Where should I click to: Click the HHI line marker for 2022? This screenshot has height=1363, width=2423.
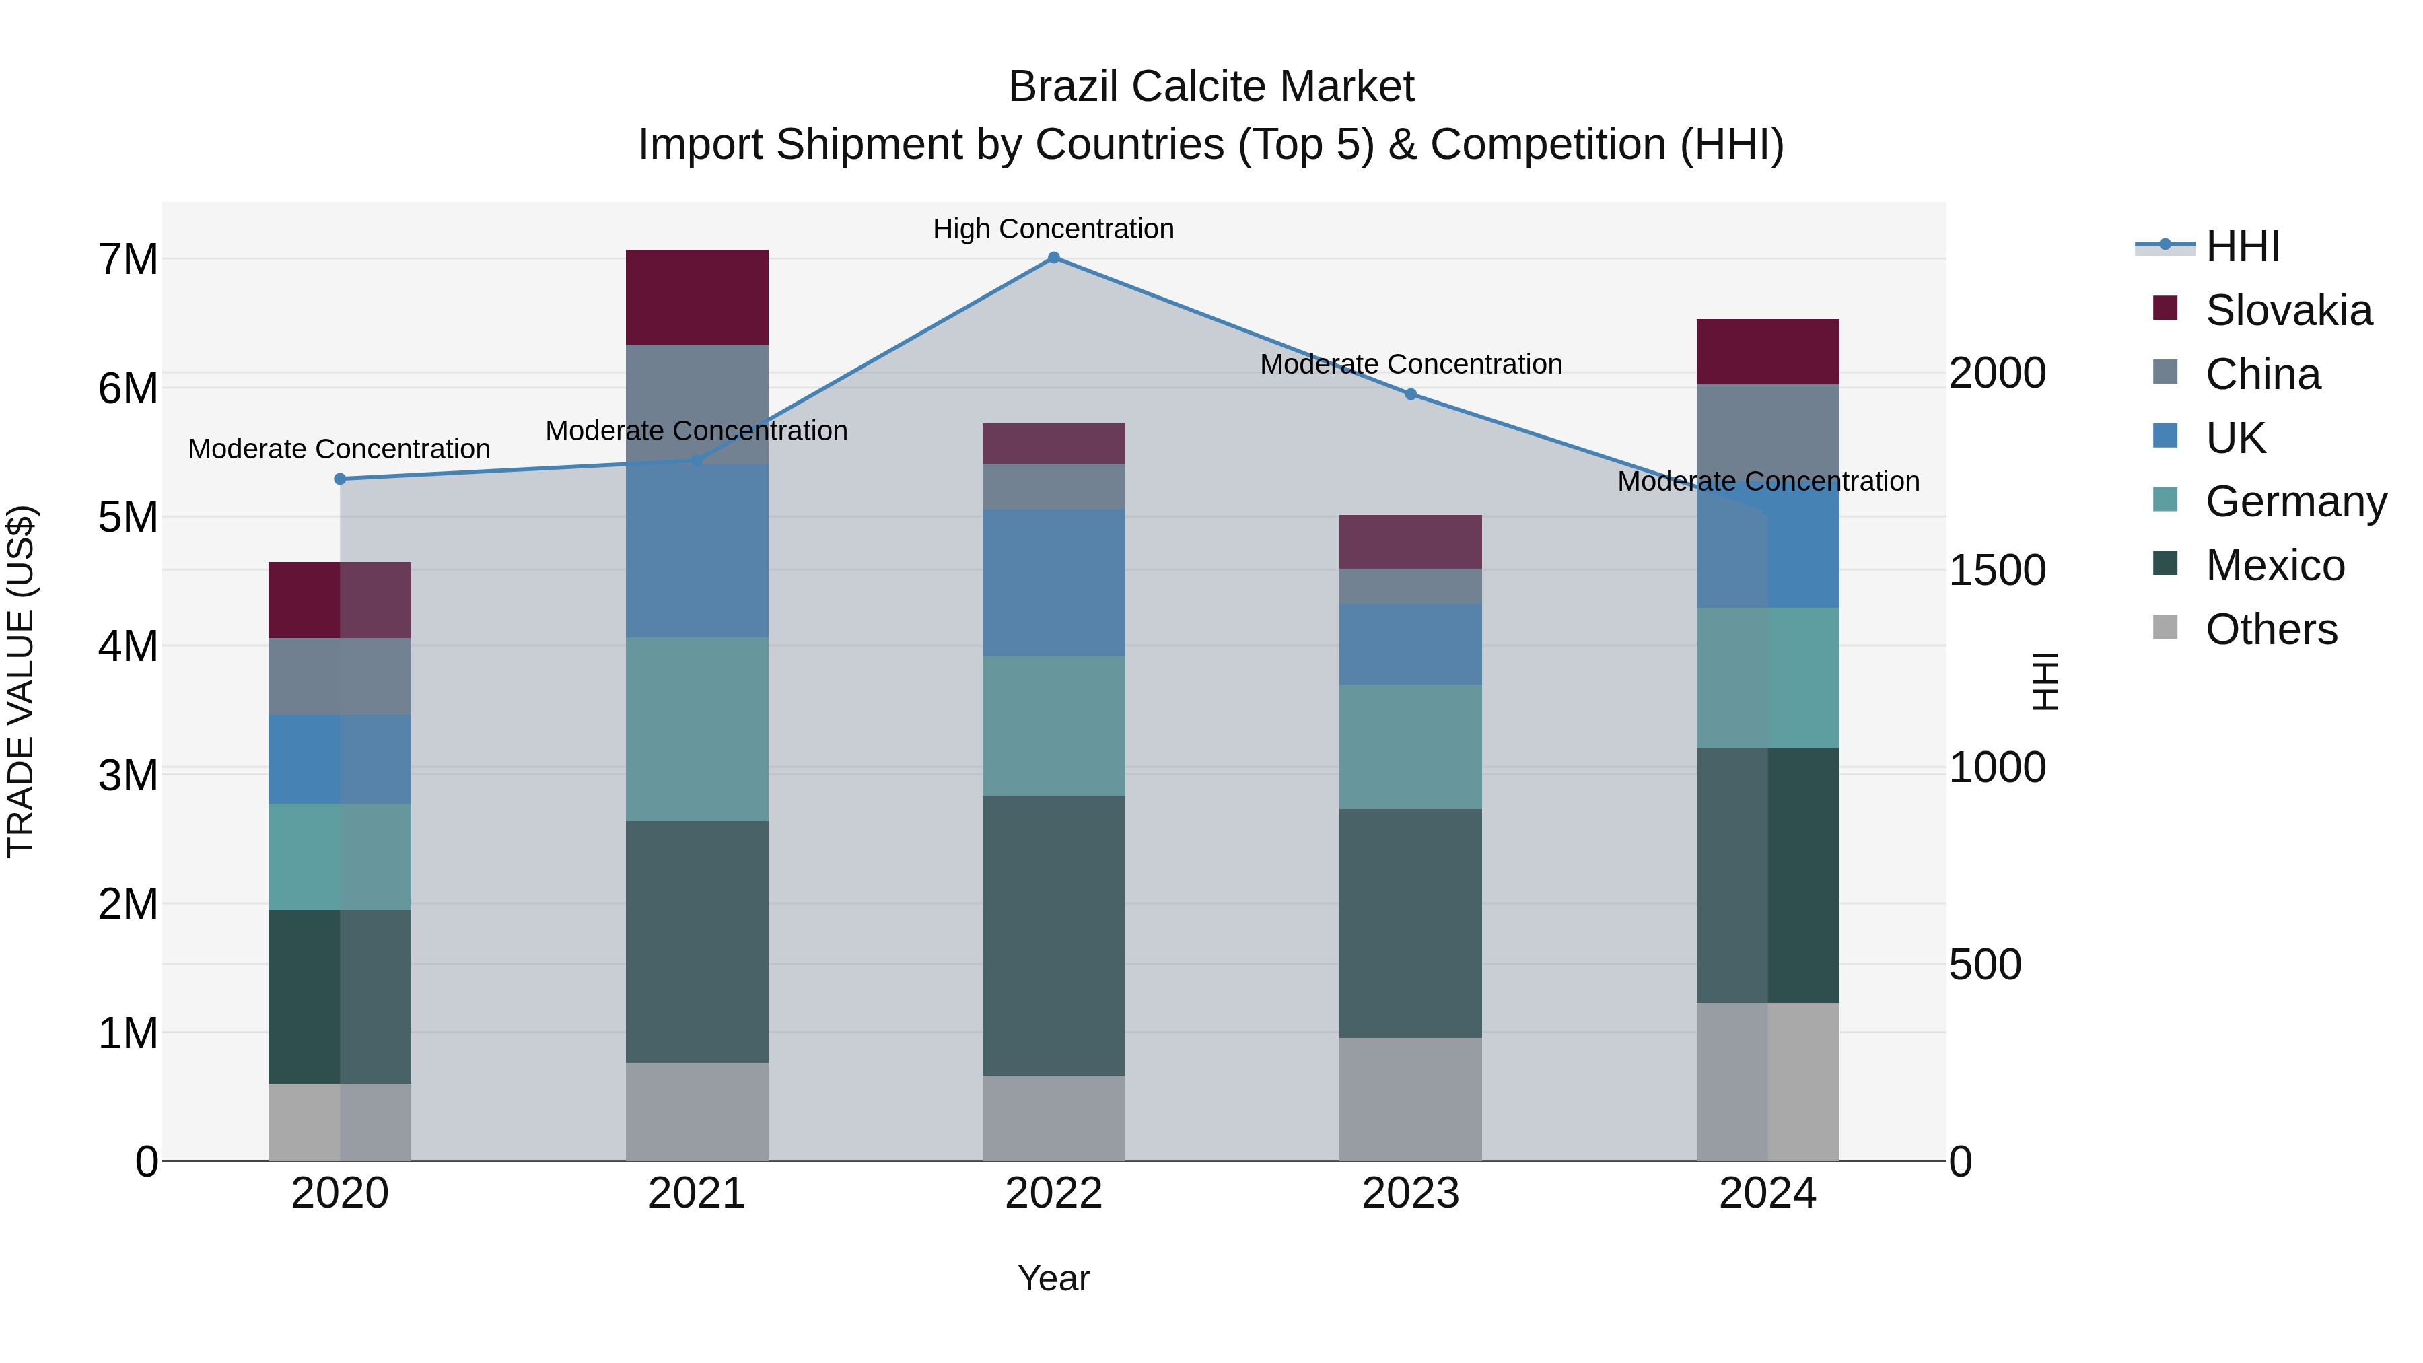[1053, 257]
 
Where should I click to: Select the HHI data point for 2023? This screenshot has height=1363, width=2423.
[1410, 394]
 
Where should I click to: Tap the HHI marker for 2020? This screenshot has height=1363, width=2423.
[340, 479]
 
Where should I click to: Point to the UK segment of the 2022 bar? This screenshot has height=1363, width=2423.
[1053, 582]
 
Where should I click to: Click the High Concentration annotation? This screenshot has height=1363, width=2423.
[1053, 229]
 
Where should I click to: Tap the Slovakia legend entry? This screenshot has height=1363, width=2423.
[2288, 310]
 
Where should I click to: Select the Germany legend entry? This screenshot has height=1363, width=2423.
[2295, 501]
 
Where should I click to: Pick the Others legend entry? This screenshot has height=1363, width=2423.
[2271, 629]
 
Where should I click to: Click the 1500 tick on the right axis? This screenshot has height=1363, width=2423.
[1996, 570]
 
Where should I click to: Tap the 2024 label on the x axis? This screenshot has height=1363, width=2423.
[1767, 1193]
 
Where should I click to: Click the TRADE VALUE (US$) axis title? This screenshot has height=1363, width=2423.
[21, 681]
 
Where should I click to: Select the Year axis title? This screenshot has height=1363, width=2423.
[1053, 1278]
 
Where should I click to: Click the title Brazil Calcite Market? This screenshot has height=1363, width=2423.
[1211, 87]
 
